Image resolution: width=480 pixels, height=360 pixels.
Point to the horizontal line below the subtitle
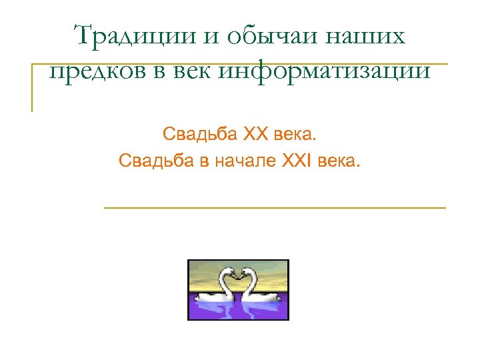coord(275,209)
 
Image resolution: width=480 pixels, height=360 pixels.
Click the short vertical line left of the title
coord(32,87)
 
